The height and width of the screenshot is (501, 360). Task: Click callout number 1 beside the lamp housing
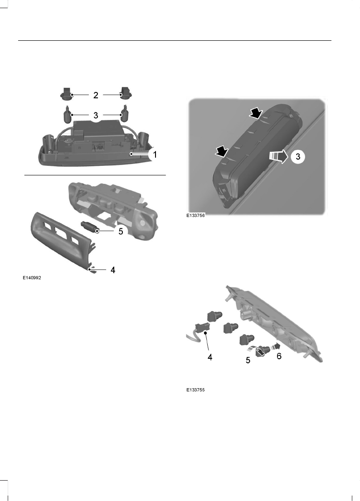point(155,154)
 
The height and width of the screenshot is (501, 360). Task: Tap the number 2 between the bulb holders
point(96,95)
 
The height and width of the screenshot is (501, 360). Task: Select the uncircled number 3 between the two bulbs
point(96,115)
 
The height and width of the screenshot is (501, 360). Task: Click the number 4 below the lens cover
point(113,270)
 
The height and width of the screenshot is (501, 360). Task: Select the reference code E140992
point(32,278)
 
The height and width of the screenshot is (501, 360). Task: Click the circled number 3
point(297,157)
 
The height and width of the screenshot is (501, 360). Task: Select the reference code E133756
point(196,217)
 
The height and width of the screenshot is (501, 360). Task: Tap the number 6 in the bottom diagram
point(279,356)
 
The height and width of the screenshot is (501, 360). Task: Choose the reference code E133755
point(196,390)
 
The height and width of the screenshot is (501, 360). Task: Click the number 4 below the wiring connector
point(210,357)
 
